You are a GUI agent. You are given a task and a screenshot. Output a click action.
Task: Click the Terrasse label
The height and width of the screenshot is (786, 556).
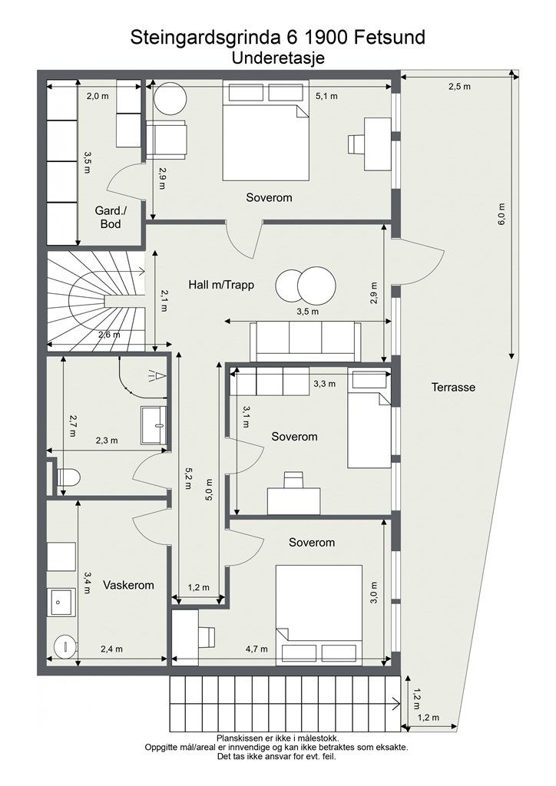point(453,387)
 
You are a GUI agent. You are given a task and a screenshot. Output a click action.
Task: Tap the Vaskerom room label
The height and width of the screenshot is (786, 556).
point(128,585)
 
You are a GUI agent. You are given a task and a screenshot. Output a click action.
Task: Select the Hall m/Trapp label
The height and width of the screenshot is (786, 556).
point(221,286)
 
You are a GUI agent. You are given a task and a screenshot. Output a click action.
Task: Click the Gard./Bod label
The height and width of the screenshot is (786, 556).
point(111,217)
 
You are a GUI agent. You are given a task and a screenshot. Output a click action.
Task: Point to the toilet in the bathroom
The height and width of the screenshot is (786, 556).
point(67,477)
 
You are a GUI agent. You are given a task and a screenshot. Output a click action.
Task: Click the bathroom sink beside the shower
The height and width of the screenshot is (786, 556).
point(154,425)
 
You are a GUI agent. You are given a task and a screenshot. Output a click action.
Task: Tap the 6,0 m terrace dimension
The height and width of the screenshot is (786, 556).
point(501,214)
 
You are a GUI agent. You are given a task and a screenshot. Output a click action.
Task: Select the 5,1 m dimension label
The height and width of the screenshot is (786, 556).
point(326,96)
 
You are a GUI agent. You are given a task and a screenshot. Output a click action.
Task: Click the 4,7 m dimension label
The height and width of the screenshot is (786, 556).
point(256,649)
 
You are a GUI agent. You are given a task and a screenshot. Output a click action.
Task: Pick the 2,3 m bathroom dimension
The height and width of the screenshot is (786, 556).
point(107,441)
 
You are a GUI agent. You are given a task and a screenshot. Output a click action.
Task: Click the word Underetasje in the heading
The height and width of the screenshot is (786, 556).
point(278,58)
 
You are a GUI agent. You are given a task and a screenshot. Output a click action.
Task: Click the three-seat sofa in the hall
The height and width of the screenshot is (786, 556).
point(306,341)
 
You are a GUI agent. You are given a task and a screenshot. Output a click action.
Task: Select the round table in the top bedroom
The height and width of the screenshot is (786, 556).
point(170,99)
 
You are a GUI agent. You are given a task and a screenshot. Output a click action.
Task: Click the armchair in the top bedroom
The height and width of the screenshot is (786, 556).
point(167,137)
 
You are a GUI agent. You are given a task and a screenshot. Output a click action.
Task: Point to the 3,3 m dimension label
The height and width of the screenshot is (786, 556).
point(324,384)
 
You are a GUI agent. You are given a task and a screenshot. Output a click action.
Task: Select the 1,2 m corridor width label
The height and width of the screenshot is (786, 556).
point(199,587)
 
